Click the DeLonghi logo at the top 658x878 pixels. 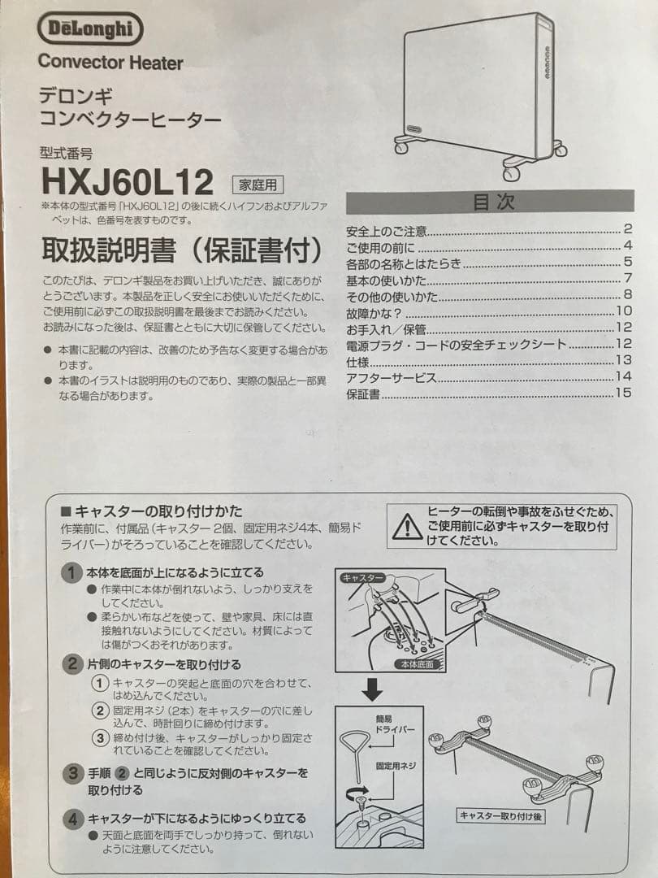coord(90,30)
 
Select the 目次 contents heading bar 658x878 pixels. coord(490,202)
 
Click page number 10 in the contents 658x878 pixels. coord(624,311)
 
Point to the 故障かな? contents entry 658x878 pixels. coord(374,311)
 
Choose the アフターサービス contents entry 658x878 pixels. coord(392,377)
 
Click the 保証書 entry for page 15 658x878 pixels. coord(363,394)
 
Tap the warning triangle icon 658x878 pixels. coord(406,528)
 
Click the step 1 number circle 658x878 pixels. coord(73,572)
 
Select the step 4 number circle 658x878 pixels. coord(73,818)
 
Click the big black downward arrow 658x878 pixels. coord(372,690)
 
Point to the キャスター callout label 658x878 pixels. coord(362,577)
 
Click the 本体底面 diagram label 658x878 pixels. coord(418,664)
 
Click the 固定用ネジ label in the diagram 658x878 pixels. coord(396,766)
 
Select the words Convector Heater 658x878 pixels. coord(110,63)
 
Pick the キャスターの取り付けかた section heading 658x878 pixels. coord(152,511)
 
